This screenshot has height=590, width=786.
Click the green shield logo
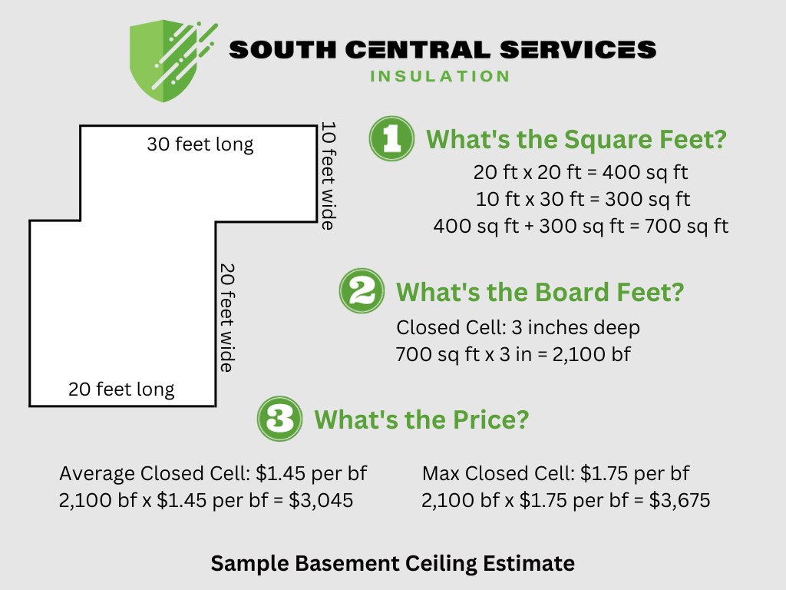pos(166,61)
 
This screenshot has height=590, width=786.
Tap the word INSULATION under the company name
pos(440,76)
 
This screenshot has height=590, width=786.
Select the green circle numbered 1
pos(391,139)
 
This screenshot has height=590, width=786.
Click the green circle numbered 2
pos(362,293)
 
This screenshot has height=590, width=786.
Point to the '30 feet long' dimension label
pos(200,144)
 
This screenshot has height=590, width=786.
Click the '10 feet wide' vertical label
pos(328,175)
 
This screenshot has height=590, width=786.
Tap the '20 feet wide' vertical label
pos(226,318)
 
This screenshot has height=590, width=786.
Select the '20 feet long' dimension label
pos(121,389)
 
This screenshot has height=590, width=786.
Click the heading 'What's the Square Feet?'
pos(576,140)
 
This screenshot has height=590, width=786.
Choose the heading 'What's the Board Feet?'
pos(540,293)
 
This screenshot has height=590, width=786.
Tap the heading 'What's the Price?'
pos(421,419)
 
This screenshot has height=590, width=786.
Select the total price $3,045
pos(321,501)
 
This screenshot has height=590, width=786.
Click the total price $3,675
pos(679,501)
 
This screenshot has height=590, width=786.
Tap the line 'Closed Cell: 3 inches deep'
pos(518,328)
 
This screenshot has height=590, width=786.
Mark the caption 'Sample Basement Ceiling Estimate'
pos(392,563)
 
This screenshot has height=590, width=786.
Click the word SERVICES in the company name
pos(578,50)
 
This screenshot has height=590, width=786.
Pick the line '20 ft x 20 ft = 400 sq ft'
pos(583,171)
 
